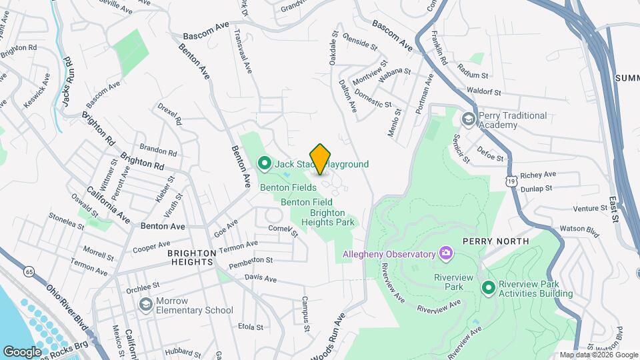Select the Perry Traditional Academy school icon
[469, 119]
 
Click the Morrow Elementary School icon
[145, 305]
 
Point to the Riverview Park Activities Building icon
[488, 287]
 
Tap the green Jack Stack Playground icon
[264, 163]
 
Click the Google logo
[22, 351]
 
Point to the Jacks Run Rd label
[67, 81]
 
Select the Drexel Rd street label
[170, 113]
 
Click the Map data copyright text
[598, 355]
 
